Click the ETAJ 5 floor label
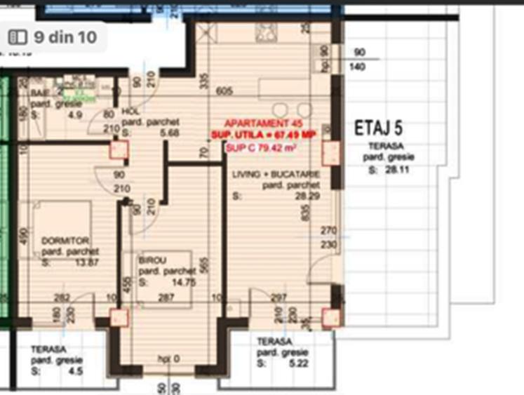click(378, 128)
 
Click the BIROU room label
click(153, 260)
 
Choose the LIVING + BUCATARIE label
click(276, 174)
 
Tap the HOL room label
click(129, 111)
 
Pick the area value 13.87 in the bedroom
click(86, 263)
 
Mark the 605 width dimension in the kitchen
click(224, 91)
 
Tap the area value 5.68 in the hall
click(170, 132)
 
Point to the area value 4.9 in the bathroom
click(74, 115)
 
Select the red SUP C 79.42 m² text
click(260, 147)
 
